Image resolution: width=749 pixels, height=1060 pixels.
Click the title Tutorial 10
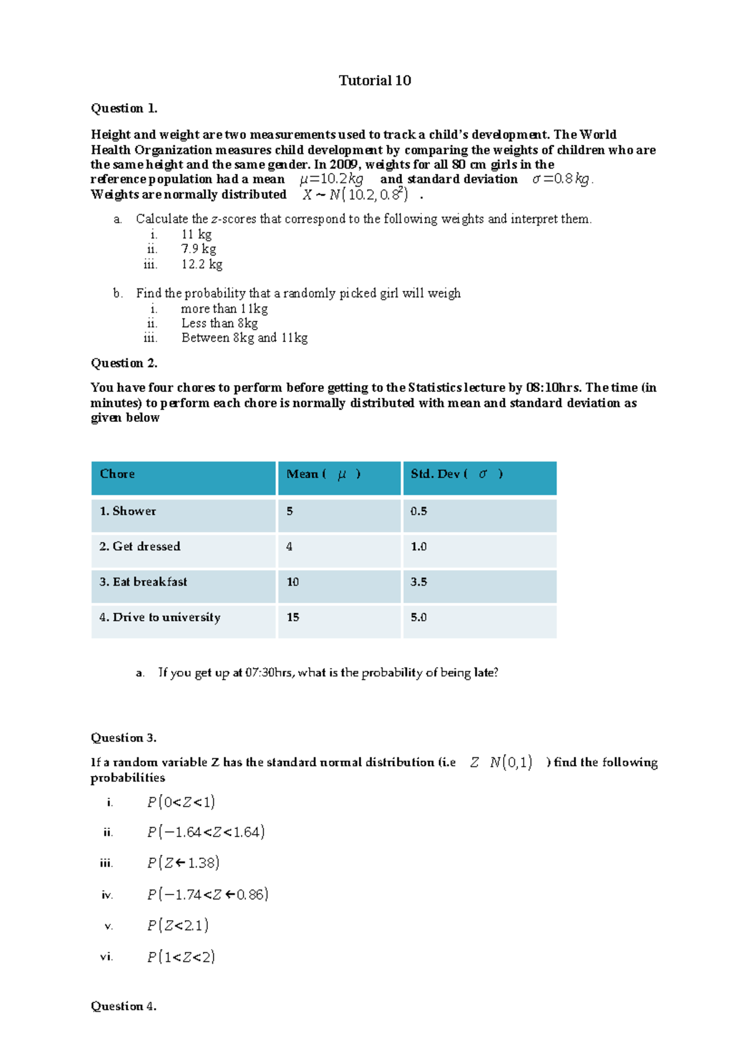pyautogui.click(x=374, y=81)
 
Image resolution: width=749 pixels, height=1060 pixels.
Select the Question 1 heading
pyautogui.click(x=124, y=109)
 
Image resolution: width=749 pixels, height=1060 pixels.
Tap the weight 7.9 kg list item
pyautogui.click(x=198, y=249)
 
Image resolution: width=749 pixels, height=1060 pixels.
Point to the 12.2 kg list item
pyautogui.click(x=202, y=264)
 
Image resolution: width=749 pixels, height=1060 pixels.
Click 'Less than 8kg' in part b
pyautogui.click(x=219, y=323)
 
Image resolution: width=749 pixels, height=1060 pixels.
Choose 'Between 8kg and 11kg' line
pyautogui.click(x=244, y=338)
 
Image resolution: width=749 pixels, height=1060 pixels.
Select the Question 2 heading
pyautogui.click(x=124, y=363)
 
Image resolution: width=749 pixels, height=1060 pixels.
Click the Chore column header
pyautogui.click(x=117, y=474)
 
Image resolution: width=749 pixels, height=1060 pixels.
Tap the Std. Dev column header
pyautogui.click(x=456, y=474)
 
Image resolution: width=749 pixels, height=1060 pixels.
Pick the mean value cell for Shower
pyautogui.click(x=290, y=511)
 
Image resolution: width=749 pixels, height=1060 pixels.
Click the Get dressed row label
pyautogui.click(x=140, y=546)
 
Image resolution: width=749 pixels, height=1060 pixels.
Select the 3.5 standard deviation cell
pyautogui.click(x=419, y=582)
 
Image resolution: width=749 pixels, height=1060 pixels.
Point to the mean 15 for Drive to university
pyautogui.click(x=293, y=617)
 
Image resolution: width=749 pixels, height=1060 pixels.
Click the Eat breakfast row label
pyautogui.click(x=143, y=582)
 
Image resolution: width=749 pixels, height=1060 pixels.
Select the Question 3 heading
pyautogui.click(x=124, y=738)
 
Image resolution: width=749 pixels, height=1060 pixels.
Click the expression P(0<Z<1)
pyautogui.click(x=181, y=802)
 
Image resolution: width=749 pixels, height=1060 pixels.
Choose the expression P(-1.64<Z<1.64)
pyautogui.click(x=206, y=832)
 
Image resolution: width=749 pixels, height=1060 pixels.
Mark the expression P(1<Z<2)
pyautogui.click(x=181, y=957)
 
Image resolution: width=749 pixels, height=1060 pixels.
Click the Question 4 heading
pyautogui.click(x=124, y=1006)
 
